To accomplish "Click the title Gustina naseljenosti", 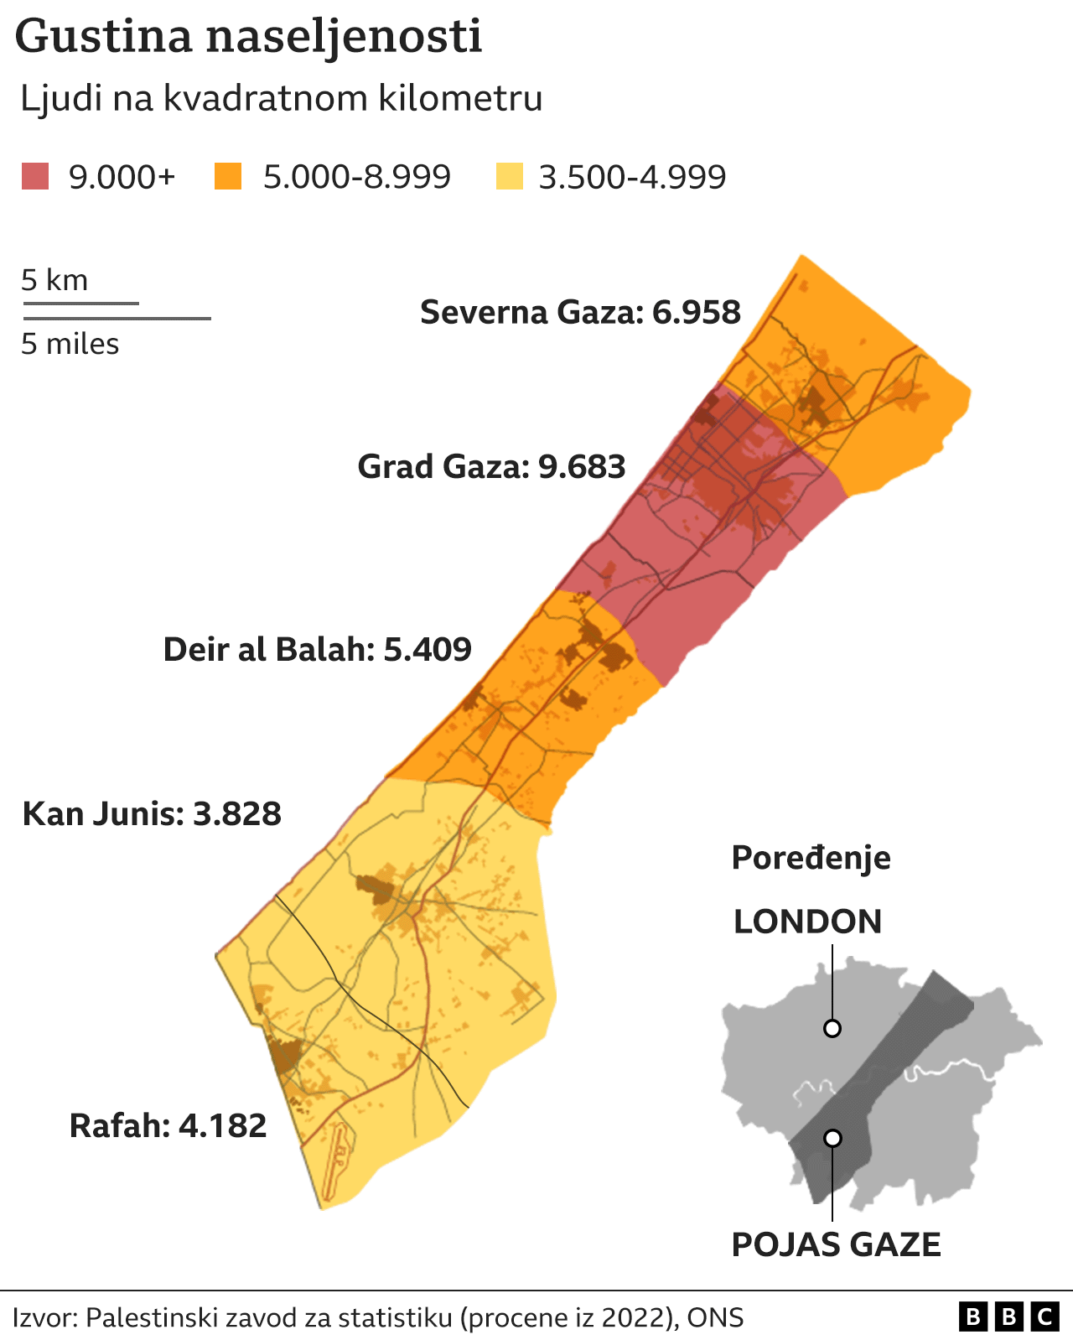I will tap(248, 38).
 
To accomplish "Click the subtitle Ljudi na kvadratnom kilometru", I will tap(282, 98).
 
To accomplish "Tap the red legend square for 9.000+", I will tap(35, 177).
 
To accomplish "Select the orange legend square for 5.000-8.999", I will tap(228, 177).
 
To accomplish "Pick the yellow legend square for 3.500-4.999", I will tap(509, 177).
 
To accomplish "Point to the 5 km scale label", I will tap(54, 280).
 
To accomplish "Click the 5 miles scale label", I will tap(70, 344).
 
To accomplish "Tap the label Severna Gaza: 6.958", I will tap(580, 312).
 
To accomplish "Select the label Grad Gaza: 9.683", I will tap(491, 466).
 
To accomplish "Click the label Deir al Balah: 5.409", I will tap(318, 649).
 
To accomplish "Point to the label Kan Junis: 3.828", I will tap(152, 813).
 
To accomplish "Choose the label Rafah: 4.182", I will tap(168, 1125).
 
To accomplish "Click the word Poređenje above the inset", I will tap(811, 858).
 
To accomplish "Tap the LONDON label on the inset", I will tap(807, 922).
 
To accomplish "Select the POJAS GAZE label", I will tap(836, 1244).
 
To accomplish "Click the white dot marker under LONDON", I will tap(832, 1028).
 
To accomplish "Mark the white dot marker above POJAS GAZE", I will tap(832, 1138).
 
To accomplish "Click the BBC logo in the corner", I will tap(1008, 1317).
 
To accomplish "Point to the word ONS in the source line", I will tap(715, 1317).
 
